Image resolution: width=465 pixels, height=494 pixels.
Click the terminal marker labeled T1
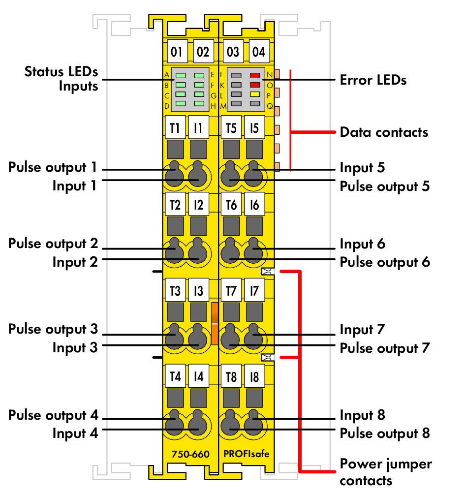tap(175, 127)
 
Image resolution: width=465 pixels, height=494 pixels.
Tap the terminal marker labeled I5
tap(254, 127)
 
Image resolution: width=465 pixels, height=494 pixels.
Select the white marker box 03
tap(233, 51)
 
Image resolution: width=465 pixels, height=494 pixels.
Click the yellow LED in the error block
tap(255, 94)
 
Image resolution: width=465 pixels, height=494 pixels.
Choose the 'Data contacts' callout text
tap(384, 132)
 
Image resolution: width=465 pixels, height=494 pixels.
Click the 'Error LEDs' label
tap(373, 80)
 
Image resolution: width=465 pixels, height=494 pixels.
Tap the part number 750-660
tap(190, 454)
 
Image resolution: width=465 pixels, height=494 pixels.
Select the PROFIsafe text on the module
tap(247, 454)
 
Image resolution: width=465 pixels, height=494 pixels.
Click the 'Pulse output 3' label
tap(53, 329)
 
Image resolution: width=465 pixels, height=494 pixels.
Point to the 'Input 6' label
tap(363, 244)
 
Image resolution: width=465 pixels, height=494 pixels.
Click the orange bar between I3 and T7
tap(215, 323)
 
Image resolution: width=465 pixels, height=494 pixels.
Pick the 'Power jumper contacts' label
tap(386, 472)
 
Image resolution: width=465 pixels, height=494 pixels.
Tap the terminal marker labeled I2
tap(198, 205)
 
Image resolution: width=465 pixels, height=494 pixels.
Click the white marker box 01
tap(177, 51)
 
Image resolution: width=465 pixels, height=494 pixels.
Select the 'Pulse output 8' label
tap(385, 433)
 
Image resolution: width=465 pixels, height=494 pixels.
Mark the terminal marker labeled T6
tap(231, 205)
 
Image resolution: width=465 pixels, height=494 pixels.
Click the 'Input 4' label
tap(75, 433)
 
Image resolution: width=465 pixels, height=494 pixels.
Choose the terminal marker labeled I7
tap(254, 290)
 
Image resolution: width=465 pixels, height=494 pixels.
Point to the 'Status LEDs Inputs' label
tap(62, 79)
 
